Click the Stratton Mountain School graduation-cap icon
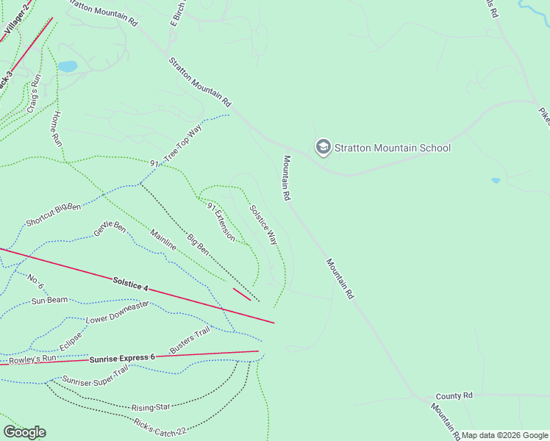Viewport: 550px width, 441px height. [x=323, y=147]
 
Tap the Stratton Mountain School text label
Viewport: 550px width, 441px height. [x=393, y=148]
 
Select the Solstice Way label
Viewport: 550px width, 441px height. [x=263, y=224]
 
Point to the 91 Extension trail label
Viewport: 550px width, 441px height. [x=221, y=221]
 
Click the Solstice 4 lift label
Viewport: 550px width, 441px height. [x=131, y=284]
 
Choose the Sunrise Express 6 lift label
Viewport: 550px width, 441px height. [x=122, y=358]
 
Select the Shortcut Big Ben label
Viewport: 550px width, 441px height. [x=53, y=214]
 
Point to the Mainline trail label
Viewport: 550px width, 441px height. [x=163, y=240]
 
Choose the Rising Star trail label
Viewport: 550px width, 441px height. [x=151, y=406]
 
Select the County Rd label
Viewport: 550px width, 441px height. [x=453, y=395]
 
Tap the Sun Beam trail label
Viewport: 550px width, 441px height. [x=49, y=300]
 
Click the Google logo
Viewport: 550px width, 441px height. [x=24, y=432]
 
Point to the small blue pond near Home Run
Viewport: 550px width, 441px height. [x=68, y=66]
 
